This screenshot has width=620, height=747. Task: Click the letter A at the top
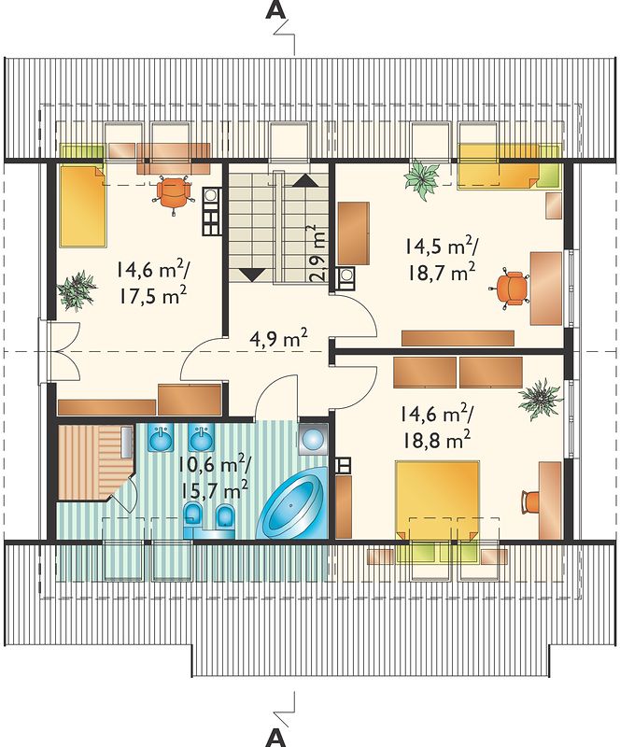coord(276,10)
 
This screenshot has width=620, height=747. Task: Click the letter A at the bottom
coord(275,738)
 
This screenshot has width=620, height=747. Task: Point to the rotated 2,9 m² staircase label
coord(318,254)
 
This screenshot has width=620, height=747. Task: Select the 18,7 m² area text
coord(441,274)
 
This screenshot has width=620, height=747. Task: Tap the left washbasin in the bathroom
coord(162,437)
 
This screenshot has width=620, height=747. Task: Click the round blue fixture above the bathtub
coord(313,439)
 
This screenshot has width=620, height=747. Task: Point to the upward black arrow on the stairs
coord(305,180)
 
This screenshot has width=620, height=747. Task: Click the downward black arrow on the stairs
coord(251,275)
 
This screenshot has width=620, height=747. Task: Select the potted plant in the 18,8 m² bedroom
coord(540,398)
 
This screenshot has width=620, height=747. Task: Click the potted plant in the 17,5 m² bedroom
coord(77,290)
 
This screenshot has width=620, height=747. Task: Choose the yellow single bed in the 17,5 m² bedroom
coord(82,205)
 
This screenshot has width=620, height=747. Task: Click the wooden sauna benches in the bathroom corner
coord(95,462)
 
